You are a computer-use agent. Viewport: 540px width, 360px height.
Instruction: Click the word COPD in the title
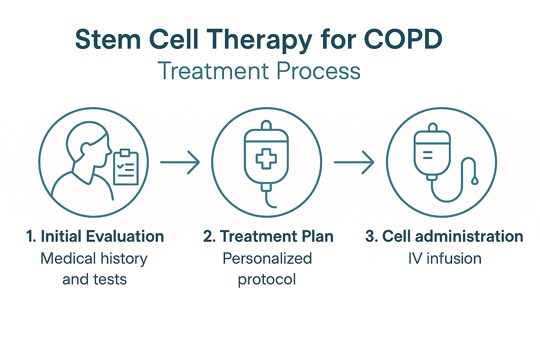click(403, 39)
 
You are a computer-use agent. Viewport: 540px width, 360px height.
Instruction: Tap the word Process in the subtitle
click(319, 71)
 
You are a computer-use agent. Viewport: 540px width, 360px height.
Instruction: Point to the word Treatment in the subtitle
click(213, 71)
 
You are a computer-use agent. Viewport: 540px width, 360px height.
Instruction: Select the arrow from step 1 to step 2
click(180, 162)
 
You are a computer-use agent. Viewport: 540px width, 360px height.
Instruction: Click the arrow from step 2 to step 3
click(354, 162)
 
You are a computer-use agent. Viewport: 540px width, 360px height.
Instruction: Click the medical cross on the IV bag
click(266, 159)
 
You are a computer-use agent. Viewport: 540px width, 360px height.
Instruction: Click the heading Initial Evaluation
click(95, 236)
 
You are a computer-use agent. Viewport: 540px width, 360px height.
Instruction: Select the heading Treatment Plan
click(268, 236)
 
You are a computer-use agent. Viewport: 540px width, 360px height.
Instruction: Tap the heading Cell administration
click(444, 236)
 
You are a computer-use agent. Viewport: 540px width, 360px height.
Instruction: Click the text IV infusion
click(445, 258)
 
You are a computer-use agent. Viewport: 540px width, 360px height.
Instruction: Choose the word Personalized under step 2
click(267, 258)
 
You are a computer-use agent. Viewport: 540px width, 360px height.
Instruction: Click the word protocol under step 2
click(267, 279)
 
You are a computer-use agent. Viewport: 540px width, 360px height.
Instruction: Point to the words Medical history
click(94, 258)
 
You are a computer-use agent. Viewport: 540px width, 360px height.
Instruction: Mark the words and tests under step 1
click(95, 279)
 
